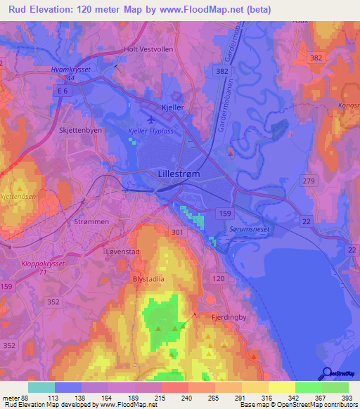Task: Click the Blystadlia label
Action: tap(148, 278)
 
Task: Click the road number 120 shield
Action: tap(218, 279)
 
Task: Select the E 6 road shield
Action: tap(64, 91)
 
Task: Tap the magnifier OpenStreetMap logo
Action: tap(327, 374)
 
